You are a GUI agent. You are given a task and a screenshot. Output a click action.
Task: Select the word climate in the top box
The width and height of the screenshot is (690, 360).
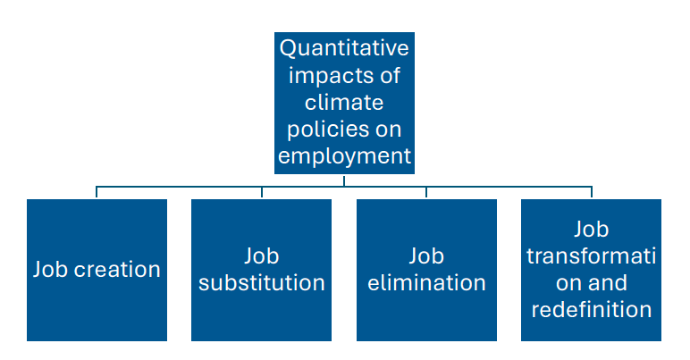[344, 101]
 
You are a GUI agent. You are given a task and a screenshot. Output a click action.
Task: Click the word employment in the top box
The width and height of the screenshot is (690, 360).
[344, 156]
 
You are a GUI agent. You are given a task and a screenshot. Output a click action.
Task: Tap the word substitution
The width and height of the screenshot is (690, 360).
[262, 283]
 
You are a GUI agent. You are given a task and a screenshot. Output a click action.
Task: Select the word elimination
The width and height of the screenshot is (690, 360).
[426, 283]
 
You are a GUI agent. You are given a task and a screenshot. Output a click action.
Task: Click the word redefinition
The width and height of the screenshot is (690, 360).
[591, 310]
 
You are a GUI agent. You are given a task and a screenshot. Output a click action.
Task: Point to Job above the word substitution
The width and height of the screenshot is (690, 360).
[262, 256]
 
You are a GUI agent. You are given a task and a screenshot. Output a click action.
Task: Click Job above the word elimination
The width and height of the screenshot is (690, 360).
[426, 256]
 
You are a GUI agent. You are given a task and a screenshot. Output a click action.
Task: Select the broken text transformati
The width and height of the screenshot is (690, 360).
[591, 256]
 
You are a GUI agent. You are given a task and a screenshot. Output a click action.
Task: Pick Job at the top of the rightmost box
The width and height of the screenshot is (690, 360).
[591, 230]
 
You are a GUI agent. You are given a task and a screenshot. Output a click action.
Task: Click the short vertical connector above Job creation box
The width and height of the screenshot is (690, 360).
[97, 192]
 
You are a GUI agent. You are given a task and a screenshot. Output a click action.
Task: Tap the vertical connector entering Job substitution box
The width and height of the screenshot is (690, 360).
[262, 192]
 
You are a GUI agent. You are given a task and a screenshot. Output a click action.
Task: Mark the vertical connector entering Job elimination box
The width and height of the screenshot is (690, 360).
[426, 192]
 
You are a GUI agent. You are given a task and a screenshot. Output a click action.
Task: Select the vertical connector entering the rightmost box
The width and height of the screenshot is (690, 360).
[591, 192]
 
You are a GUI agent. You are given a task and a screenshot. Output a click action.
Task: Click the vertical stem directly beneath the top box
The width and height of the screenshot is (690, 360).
[344, 179]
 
